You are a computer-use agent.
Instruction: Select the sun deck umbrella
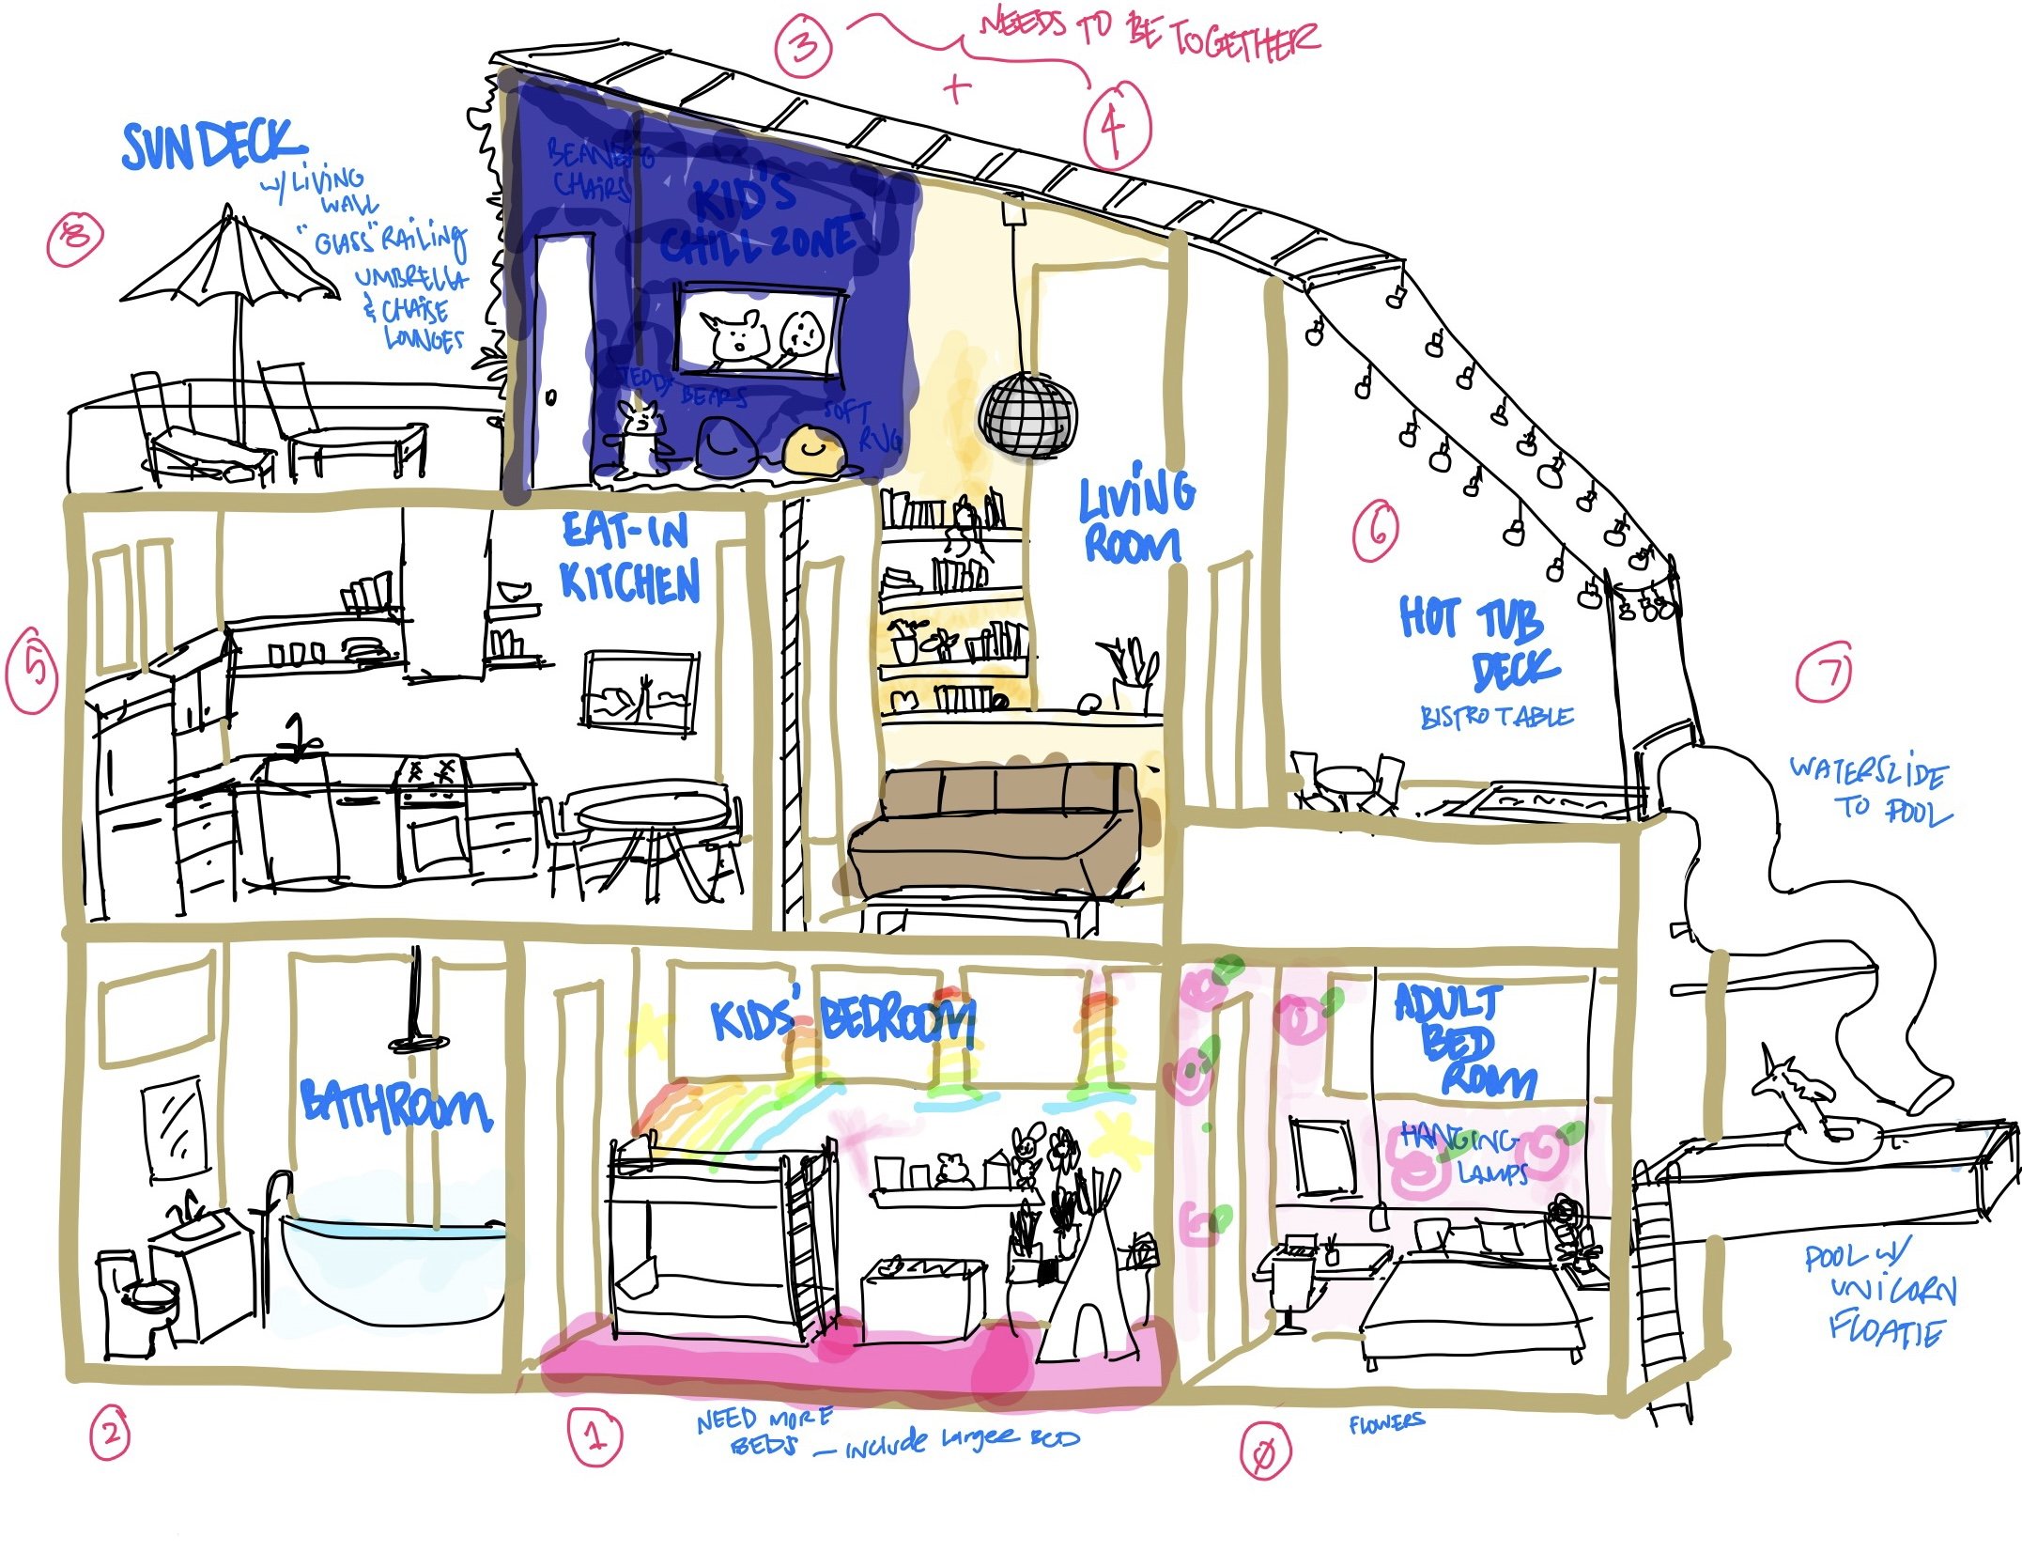click(x=229, y=264)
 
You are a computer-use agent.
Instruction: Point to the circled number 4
click(x=1116, y=126)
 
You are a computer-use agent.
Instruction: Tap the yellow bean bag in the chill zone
click(x=813, y=450)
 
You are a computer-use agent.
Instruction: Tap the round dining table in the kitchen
click(x=652, y=809)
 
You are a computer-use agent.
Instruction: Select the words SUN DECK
click(x=213, y=147)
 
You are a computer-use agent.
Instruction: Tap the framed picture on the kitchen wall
click(x=641, y=690)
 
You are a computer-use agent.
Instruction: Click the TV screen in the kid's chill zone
click(x=758, y=333)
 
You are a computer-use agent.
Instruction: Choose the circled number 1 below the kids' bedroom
click(x=594, y=1435)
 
